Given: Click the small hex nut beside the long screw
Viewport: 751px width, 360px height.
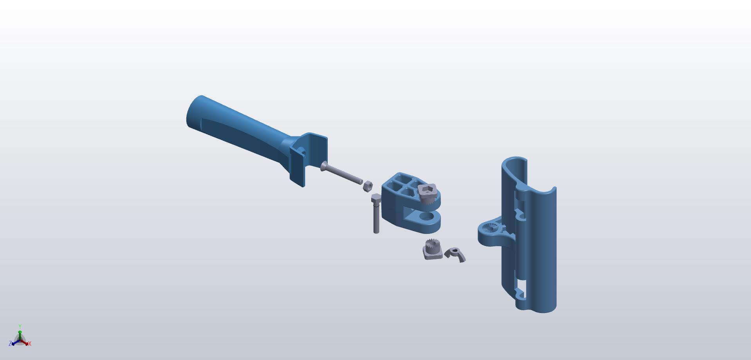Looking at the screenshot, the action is click(367, 186).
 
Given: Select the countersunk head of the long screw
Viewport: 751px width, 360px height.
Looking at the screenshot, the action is click(323, 166).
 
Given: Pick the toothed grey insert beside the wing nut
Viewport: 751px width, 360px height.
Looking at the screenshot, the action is click(433, 250).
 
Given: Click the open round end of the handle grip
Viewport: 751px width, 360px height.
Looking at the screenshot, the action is click(194, 112).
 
